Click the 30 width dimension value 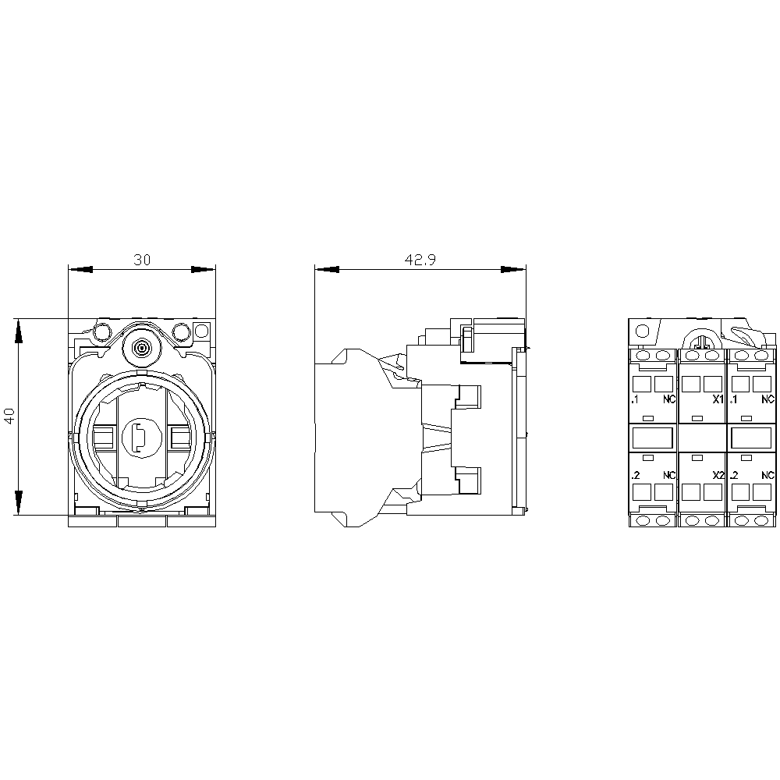click(142, 261)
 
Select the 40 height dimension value click(10, 417)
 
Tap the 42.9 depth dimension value click(420, 261)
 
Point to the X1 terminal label click(718, 399)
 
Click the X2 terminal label click(718, 476)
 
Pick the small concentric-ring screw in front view click(142, 348)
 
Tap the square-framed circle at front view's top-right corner click(202, 331)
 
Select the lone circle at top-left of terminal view click(643, 331)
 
